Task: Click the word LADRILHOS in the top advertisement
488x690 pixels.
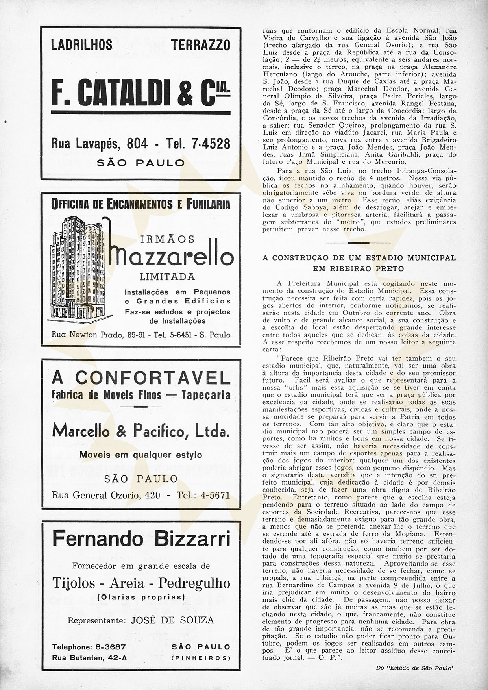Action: coord(82,45)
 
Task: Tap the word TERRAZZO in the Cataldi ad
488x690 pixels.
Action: coord(201,45)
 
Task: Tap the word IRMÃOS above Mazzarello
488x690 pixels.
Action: coord(167,239)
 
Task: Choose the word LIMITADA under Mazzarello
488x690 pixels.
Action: coord(167,277)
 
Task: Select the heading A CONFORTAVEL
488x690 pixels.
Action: coord(141,378)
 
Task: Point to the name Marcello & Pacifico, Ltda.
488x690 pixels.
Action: coord(141,431)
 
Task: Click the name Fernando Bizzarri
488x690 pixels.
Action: coord(141,538)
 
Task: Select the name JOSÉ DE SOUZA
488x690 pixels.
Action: coord(172,621)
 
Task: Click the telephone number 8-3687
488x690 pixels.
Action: coord(109,647)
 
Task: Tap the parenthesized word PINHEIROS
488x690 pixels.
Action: coord(201,658)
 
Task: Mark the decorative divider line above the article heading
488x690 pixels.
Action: coord(359,243)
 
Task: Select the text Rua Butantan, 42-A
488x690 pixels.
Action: coord(89,658)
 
